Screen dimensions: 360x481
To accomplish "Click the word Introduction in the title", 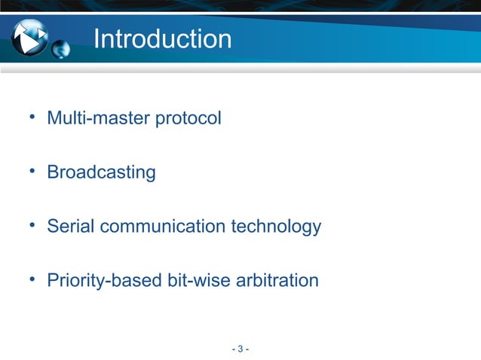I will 162,38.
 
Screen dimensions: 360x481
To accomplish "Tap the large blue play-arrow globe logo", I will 30,37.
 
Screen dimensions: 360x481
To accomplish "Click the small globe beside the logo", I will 61,50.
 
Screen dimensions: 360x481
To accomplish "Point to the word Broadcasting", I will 101,172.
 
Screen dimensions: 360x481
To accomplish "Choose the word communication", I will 161,226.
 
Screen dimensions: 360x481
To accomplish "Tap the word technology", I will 278,226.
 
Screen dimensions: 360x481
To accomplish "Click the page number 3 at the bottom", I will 240,349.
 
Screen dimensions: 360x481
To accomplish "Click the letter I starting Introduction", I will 97,38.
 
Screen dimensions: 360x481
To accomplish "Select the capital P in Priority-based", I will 53,281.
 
